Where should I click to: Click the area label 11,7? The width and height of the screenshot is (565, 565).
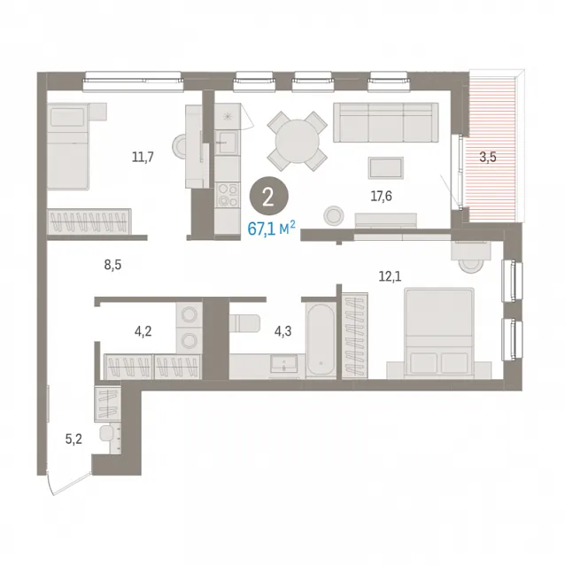click(x=143, y=157)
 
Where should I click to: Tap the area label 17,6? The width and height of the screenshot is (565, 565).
click(x=381, y=197)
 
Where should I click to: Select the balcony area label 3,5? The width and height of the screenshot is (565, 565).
click(x=488, y=157)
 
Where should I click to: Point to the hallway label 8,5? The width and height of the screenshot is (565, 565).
click(x=112, y=265)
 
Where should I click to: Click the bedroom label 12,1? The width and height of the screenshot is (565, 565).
click(x=390, y=276)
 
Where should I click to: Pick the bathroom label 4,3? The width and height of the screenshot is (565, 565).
click(x=283, y=331)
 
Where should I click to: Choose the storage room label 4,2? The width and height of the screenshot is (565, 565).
click(x=143, y=331)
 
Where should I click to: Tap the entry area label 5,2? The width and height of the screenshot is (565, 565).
click(x=74, y=439)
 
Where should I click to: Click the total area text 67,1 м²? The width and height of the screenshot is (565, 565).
click(x=271, y=228)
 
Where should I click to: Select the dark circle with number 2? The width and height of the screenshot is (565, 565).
click(x=269, y=197)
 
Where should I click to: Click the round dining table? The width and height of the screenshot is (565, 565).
click(x=298, y=142)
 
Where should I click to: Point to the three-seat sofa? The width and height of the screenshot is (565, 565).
click(x=386, y=122)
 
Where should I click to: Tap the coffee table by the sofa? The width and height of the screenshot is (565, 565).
click(x=386, y=168)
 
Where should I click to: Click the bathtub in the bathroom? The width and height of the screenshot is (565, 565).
click(x=321, y=340)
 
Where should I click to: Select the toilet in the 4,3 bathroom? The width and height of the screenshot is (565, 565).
click(x=244, y=323)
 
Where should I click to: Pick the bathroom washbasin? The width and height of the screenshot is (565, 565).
click(x=284, y=364)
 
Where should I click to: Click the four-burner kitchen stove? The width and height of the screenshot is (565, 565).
click(x=228, y=195)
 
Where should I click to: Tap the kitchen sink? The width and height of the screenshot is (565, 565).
click(x=228, y=143)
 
